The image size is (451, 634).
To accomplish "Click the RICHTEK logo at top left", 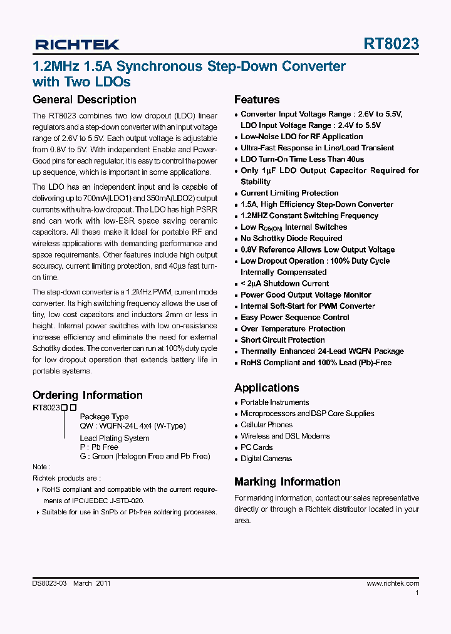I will pyautogui.click(x=77, y=44).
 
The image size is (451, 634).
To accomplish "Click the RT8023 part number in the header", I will pyautogui.click(x=391, y=44).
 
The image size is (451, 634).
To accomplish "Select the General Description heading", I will pyautogui.click(x=84, y=100).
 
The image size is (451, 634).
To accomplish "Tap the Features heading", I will pyautogui.click(x=257, y=100).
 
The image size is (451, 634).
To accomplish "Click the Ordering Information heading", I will pyautogui.click(x=87, y=395).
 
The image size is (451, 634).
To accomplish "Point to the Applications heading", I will pyautogui.click(x=266, y=388).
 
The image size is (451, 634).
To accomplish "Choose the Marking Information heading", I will pyautogui.click(x=287, y=482).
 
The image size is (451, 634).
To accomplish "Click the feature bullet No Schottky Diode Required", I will pyautogui.click(x=291, y=238).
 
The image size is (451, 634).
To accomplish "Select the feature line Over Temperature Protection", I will pyautogui.click(x=293, y=328).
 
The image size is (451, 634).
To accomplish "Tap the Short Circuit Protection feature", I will pyautogui.click(x=283, y=340).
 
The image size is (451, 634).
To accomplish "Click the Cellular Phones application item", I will pyautogui.click(x=266, y=425).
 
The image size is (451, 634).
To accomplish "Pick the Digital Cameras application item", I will pyautogui.click(x=266, y=459).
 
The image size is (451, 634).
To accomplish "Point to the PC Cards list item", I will pyautogui.click(x=256, y=447).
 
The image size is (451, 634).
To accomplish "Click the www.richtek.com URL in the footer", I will pyautogui.click(x=392, y=583).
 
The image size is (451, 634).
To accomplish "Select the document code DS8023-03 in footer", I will pyautogui.click(x=49, y=583).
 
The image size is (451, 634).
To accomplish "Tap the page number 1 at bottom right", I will pyautogui.click(x=417, y=593).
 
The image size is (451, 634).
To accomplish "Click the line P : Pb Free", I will pyautogui.click(x=99, y=447).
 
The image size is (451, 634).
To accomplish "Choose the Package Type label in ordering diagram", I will pyautogui.click(x=104, y=417).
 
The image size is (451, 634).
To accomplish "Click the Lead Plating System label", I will pyautogui.click(x=115, y=439).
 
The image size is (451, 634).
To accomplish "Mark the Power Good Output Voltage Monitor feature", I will pyautogui.click(x=306, y=294).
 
